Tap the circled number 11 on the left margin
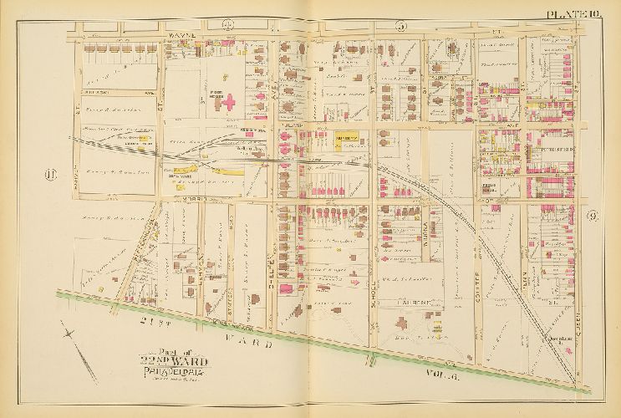(47, 174)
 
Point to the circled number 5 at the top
(400, 27)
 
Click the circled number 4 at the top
(227, 25)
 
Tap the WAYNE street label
(181, 35)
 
